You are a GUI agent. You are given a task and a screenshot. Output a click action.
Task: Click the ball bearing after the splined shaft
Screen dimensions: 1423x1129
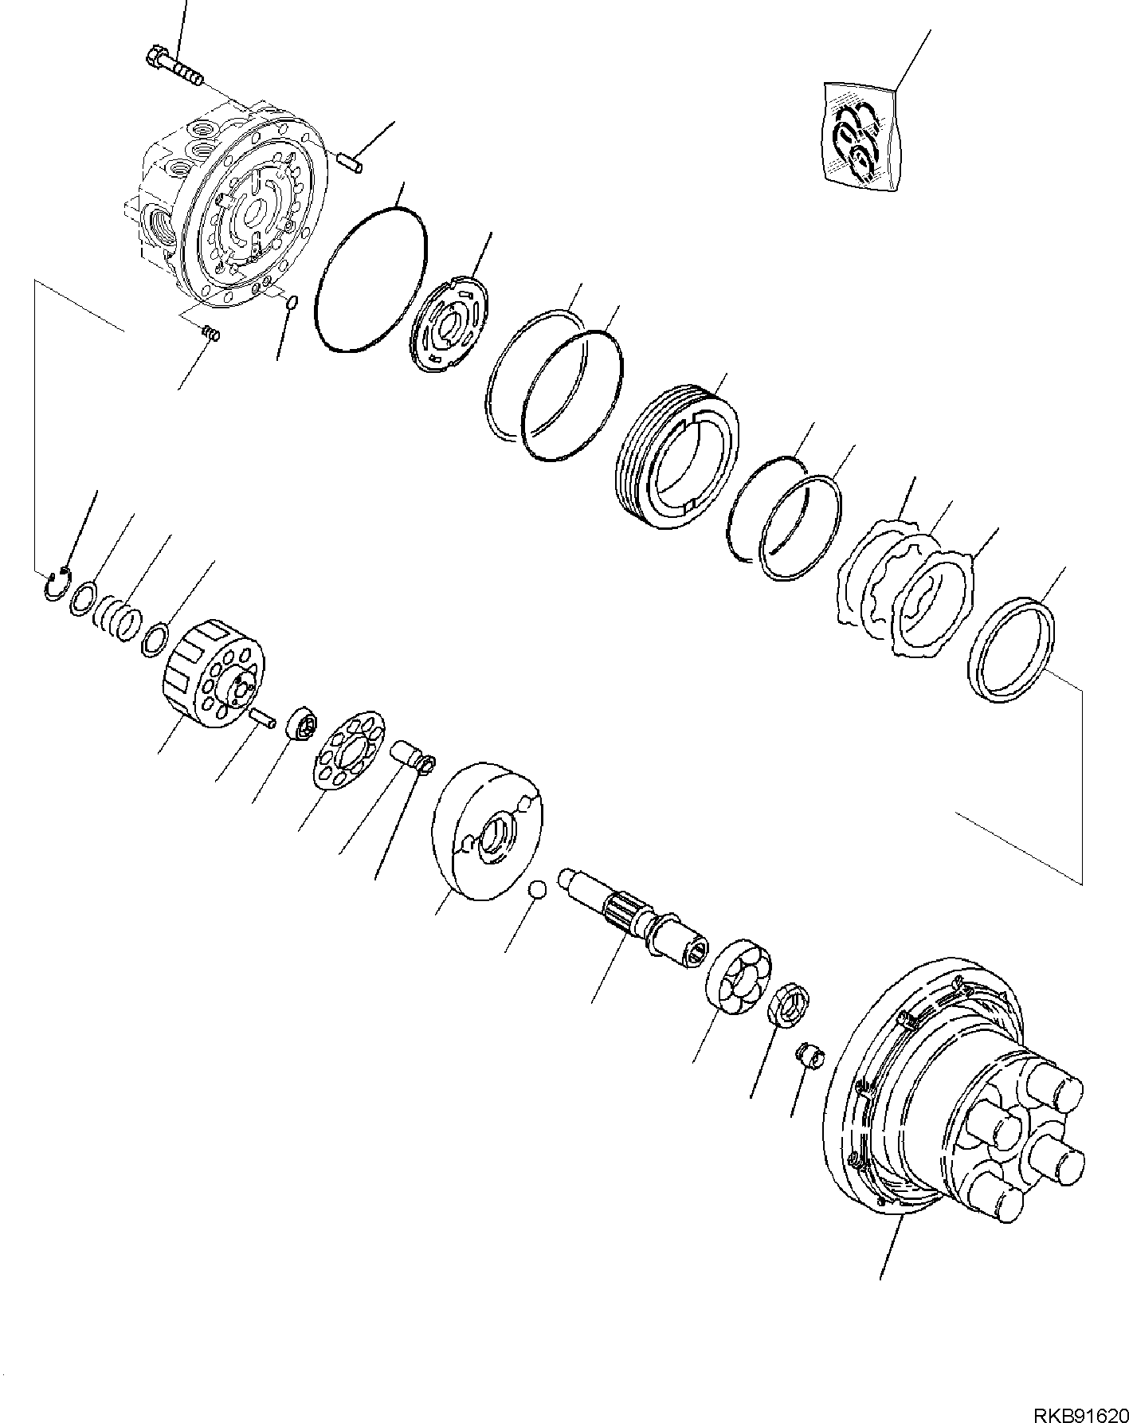pos(739,975)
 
